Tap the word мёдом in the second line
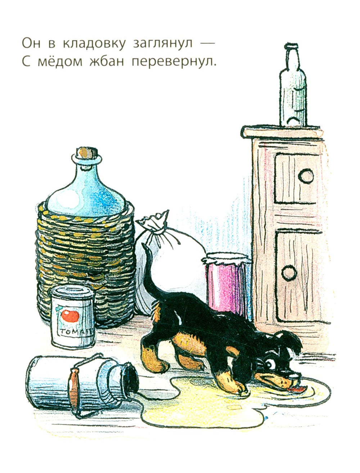coord(60,62)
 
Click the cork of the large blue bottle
coord(87,153)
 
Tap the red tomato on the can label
coord(70,315)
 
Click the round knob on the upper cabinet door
coord(306,176)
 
